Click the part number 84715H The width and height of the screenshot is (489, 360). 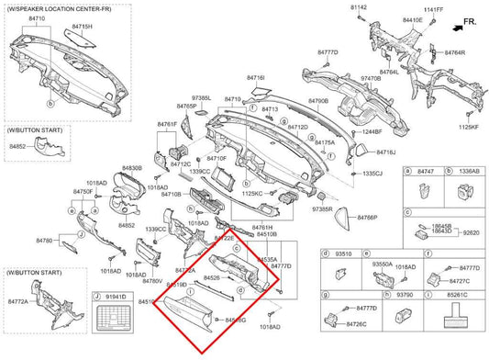[x=82, y=28]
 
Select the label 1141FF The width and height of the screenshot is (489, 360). [x=433, y=10]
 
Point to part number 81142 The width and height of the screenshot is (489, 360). [x=357, y=6]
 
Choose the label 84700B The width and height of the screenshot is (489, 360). [x=317, y=100]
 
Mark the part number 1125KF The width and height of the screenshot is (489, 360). [x=469, y=127]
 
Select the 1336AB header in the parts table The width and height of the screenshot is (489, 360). [x=468, y=172]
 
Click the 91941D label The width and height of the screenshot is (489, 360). [x=116, y=297]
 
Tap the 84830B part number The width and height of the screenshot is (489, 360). [x=131, y=168]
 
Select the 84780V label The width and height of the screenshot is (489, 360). [x=152, y=281]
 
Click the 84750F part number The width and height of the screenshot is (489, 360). [x=83, y=191]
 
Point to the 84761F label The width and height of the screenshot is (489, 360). [x=166, y=122]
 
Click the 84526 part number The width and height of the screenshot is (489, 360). [x=211, y=277]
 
